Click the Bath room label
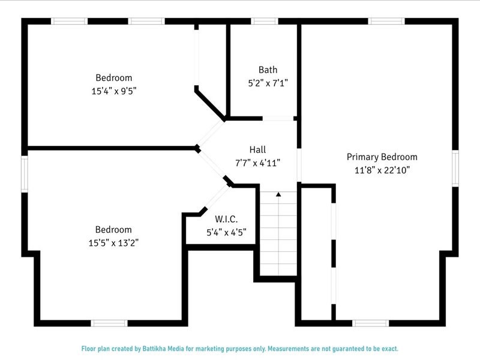pyautogui.click(x=268, y=70)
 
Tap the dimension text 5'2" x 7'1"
pyautogui.click(x=268, y=83)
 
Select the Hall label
pyautogui.click(x=257, y=149)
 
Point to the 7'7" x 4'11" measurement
pyautogui.click(x=257, y=163)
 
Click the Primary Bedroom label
pyautogui.click(x=382, y=157)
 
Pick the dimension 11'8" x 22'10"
pyautogui.click(x=382, y=170)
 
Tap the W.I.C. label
pyautogui.click(x=226, y=219)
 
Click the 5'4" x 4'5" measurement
pyautogui.click(x=226, y=232)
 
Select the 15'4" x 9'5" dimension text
pyautogui.click(x=113, y=91)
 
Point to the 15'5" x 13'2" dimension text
pyautogui.click(x=113, y=242)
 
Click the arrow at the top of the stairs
pyautogui.click(x=278, y=194)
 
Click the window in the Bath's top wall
pyautogui.click(x=264, y=22)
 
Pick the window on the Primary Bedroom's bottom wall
pyautogui.click(x=371, y=323)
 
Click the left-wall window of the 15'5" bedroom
pyautogui.click(x=25, y=174)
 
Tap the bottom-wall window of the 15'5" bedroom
pyautogui.click(x=109, y=323)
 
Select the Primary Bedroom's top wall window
pyautogui.click(x=386, y=22)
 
